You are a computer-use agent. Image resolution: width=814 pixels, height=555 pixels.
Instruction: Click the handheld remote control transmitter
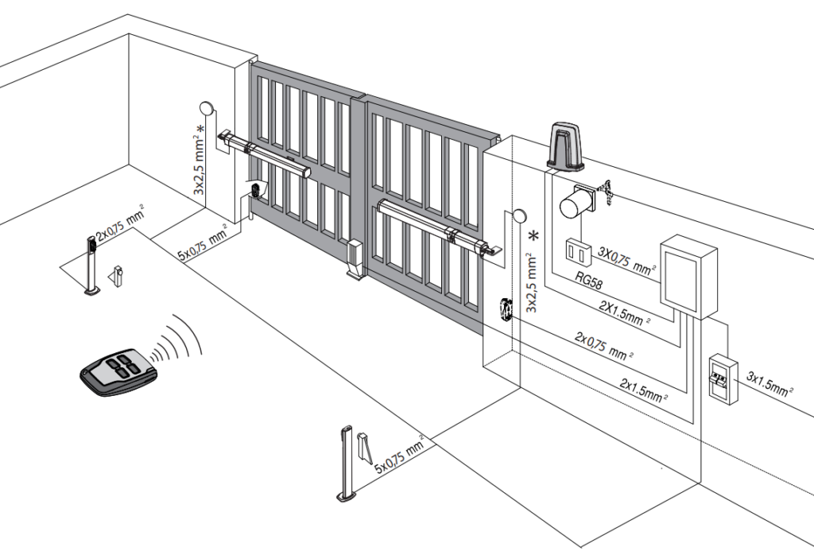[x=118, y=372]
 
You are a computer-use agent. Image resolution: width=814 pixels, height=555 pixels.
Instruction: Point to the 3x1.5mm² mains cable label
[x=769, y=383]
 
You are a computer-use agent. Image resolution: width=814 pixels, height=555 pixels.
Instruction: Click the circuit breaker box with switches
[x=723, y=378]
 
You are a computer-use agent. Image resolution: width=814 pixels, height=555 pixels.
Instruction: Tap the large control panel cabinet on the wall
[x=688, y=276]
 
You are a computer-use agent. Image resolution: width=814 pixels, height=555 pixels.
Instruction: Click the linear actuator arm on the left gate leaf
[x=265, y=155]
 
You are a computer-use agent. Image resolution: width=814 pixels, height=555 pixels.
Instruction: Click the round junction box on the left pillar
[x=206, y=108]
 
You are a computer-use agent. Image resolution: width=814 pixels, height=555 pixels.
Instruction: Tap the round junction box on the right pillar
[x=518, y=216]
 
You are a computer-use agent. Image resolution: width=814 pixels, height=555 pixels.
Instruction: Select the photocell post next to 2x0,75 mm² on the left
[x=91, y=266]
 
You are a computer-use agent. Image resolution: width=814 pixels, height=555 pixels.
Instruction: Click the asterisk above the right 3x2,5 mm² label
[x=533, y=236]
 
